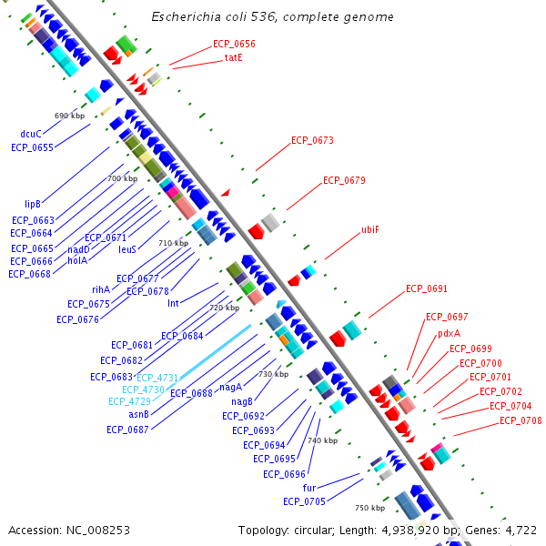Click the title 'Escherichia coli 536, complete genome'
click(x=272, y=17)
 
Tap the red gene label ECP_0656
click(x=234, y=44)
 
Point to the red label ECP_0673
click(x=312, y=141)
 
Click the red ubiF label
click(x=370, y=229)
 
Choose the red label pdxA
click(x=449, y=333)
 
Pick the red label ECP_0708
click(x=521, y=420)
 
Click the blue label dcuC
click(x=31, y=134)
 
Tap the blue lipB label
click(x=33, y=204)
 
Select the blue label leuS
click(x=127, y=248)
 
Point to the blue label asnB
click(x=139, y=414)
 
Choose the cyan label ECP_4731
click(x=157, y=377)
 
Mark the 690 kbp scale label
click(x=69, y=116)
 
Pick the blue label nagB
click(x=241, y=401)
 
